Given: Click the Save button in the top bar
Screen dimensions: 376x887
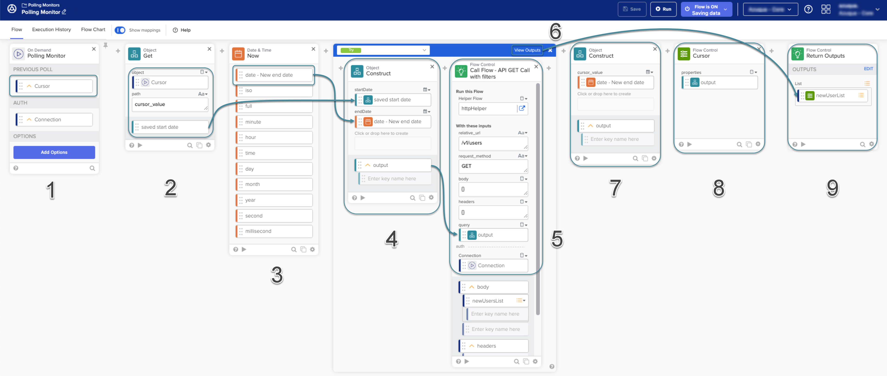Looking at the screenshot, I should (x=631, y=9).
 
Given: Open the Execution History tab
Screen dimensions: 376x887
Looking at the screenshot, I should (x=51, y=30).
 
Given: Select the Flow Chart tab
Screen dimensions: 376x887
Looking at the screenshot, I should (x=93, y=30).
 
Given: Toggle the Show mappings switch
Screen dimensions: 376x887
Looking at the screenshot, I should (x=120, y=30).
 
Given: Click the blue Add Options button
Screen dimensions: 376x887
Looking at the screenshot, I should (x=54, y=152).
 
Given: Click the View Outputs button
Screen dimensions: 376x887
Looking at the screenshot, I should (x=527, y=50).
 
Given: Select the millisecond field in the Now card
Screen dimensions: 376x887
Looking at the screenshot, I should (x=274, y=231).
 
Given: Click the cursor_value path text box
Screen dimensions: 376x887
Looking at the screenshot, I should (x=169, y=104).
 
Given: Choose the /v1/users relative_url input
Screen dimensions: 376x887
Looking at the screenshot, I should (x=492, y=143).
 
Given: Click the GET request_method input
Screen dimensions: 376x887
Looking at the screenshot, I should (x=492, y=166).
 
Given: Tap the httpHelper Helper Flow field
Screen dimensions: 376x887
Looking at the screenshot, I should (x=487, y=109).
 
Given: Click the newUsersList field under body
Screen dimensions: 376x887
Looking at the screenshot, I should (x=492, y=301).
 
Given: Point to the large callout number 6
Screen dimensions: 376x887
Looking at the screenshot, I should (x=555, y=32).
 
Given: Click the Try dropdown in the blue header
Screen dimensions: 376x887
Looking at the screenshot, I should (x=383, y=50).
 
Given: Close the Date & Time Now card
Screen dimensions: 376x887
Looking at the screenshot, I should (x=313, y=49).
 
